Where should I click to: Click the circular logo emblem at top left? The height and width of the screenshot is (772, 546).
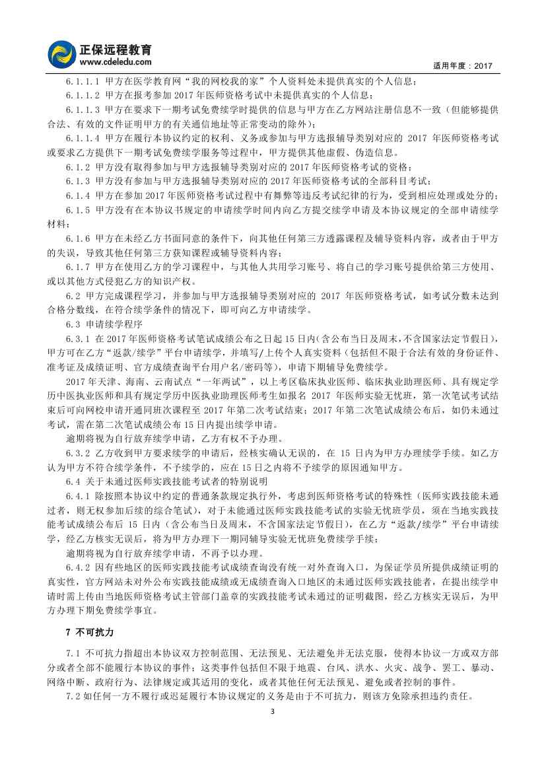pos(63,53)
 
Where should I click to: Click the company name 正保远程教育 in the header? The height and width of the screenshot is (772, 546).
pos(116,50)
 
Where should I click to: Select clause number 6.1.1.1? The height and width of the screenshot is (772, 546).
pos(83,81)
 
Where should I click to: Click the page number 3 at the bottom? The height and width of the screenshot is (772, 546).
pos(272,711)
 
